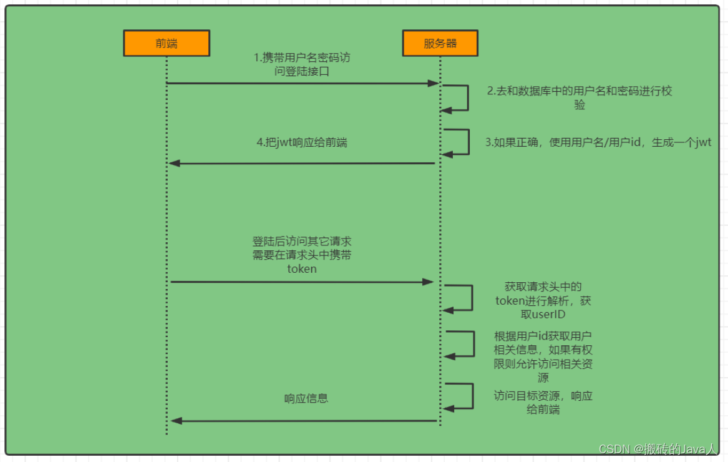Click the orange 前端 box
[166, 43]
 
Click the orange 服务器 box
[440, 43]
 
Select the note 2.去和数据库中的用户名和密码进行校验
[580, 98]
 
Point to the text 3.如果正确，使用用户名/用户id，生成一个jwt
[598, 142]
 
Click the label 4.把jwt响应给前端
[302, 142]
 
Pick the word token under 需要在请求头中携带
[302, 269]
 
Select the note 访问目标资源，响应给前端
[543, 403]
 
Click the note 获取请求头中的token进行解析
[543, 300]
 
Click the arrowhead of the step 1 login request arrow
[434, 83]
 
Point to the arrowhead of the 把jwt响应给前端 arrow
[175, 163]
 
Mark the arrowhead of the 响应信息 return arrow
[176, 421]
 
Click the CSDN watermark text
[657, 450]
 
